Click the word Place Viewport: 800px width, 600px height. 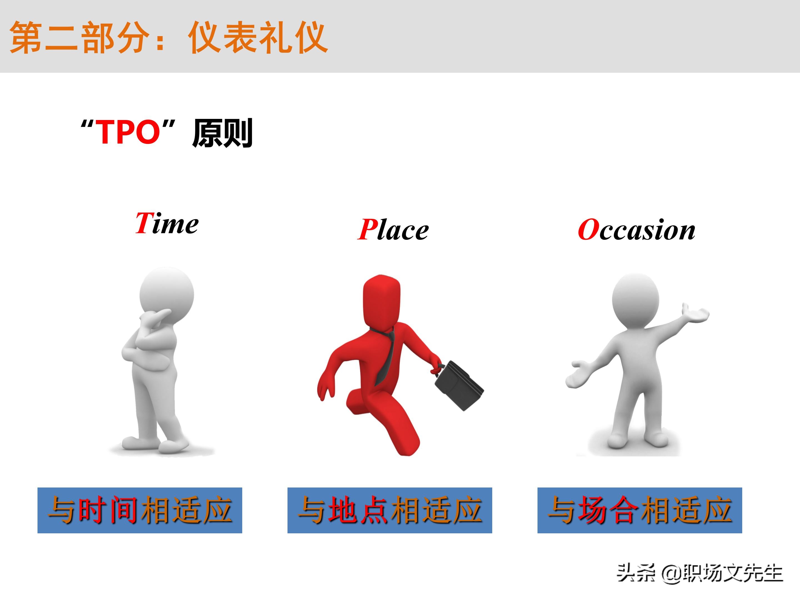coord(393,230)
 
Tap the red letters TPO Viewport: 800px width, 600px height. coord(129,132)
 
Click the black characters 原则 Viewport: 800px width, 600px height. coord(222,133)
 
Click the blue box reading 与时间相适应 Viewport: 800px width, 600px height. coord(140,510)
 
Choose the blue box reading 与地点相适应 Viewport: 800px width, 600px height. coord(389,510)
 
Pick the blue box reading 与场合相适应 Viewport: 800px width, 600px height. coord(639,510)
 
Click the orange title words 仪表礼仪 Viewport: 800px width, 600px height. coord(258,37)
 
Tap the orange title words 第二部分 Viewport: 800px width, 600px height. coord(79,37)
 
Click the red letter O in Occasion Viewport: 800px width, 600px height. coord(588,230)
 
